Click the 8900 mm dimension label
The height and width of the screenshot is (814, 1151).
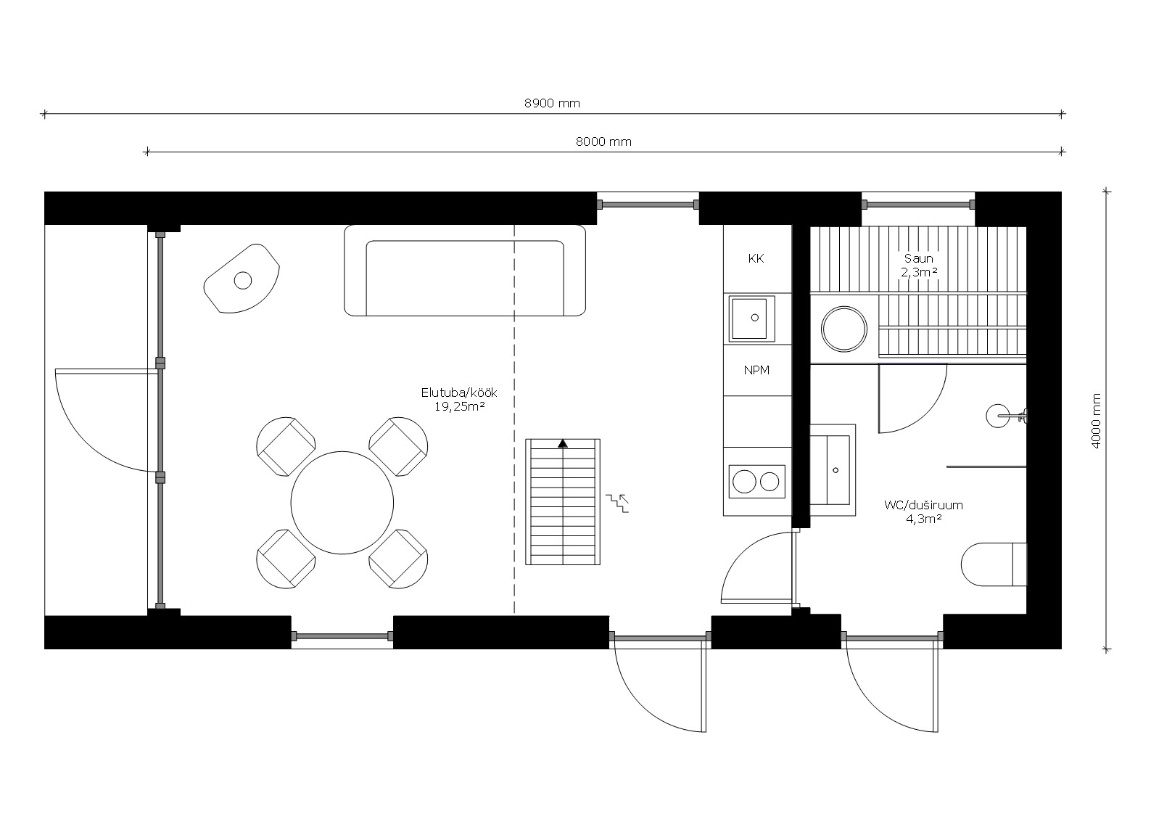tap(552, 103)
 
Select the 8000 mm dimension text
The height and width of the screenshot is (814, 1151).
tap(603, 142)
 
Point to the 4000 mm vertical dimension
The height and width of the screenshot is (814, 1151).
tap(1095, 421)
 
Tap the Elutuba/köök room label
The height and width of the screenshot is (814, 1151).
tap(459, 392)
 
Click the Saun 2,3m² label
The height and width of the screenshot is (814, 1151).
tap(919, 266)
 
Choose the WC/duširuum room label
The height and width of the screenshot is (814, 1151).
tap(923, 505)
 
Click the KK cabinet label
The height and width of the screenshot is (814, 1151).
tap(756, 258)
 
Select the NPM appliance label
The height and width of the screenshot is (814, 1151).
tap(756, 370)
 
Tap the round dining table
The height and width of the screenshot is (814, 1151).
tap(342, 503)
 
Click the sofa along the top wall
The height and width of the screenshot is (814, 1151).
tap(465, 271)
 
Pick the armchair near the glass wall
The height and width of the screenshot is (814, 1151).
tap(242, 278)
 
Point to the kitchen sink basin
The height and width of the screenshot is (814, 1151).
tap(749, 318)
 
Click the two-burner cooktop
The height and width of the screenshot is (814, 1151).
tap(757, 482)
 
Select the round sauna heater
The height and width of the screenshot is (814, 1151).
tap(843, 329)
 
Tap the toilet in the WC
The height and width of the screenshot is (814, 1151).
tap(994, 564)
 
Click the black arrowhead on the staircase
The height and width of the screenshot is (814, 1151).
tap(563, 443)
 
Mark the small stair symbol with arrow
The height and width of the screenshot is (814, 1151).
tap(617, 503)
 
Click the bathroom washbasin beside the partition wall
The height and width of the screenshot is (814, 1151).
tap(833, 469)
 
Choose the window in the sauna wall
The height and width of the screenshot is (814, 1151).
tap(918, 205)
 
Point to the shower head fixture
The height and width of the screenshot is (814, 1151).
tap(1006, 416)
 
